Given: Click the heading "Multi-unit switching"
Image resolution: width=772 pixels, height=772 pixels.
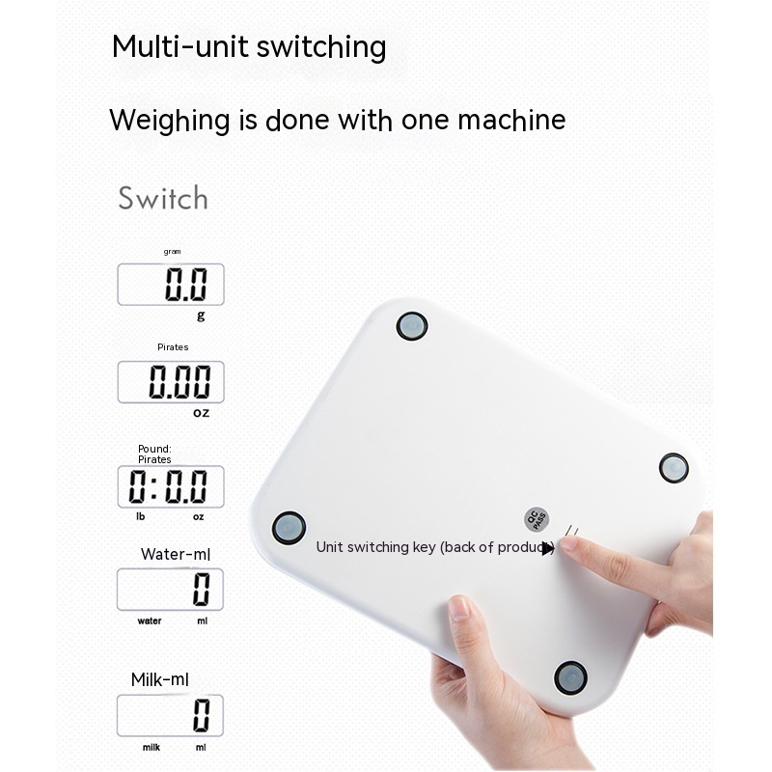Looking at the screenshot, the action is (x=249, y=47).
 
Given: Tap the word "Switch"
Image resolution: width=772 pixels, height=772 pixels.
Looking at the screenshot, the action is (x=163, y=199).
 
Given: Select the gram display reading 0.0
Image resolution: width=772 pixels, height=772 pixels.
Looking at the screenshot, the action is (x=171, y=284).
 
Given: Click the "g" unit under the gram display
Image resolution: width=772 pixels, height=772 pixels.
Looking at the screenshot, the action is (x=201, y=316).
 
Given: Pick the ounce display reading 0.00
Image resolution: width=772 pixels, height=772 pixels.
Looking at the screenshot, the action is (x=171, y=381).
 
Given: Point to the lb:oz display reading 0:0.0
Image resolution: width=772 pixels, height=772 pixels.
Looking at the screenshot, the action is (x=171, y=486).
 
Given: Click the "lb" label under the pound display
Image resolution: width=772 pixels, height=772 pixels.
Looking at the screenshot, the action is (x=141, y=516).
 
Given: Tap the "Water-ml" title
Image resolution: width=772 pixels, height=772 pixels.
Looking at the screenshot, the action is (x=176, y=554).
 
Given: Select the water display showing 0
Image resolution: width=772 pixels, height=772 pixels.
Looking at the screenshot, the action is (x=171, y=590).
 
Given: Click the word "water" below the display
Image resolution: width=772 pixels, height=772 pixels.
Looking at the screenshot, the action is (x=150, y=620).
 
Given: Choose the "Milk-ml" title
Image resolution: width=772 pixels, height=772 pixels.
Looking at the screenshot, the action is (x=159, y=680).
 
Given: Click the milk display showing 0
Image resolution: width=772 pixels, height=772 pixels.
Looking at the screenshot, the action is (x=171, y=715).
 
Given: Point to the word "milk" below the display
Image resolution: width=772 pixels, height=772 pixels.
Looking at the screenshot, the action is (x=152, y=747).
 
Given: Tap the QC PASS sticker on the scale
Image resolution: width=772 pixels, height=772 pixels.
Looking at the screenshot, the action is (x=537, y=519).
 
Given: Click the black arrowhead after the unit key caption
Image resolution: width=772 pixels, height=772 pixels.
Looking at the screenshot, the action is (x=548, y=548).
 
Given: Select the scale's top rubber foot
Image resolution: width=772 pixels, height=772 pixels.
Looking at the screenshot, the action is (x=412, y=326).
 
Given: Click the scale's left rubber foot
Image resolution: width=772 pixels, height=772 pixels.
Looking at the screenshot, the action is (x=289, y=528).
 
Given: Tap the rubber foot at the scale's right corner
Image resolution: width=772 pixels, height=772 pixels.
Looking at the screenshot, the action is (x=674, y=468).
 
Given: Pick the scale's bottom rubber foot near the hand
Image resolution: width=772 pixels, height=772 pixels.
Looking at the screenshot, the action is (x=570, y=677).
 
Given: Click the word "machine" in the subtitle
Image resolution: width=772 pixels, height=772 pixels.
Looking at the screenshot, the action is (x=511, y=120).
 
